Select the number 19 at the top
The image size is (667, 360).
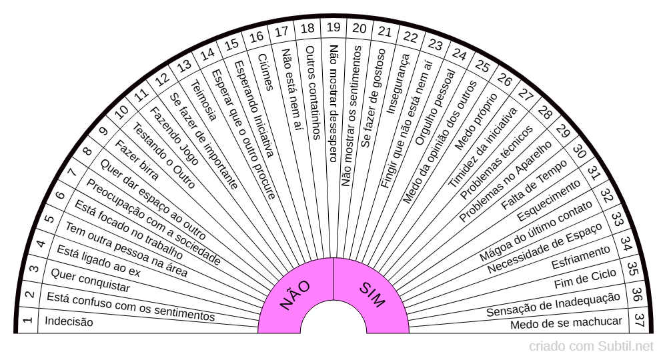333,27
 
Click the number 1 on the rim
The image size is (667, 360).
27,320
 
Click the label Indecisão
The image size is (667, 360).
69,321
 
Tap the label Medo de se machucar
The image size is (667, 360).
566,323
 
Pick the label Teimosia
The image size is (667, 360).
203,100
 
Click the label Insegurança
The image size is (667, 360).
398,84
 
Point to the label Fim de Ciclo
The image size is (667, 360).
585,279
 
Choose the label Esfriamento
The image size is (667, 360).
581,257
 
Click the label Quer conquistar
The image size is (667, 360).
90,281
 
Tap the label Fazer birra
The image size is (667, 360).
137,160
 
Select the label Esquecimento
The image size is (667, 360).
548,200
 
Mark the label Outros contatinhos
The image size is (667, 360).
313,93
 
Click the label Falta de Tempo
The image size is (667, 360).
534,185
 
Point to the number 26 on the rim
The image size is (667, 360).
504,79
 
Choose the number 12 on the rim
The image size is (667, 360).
162,79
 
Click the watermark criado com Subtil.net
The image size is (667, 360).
591,347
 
